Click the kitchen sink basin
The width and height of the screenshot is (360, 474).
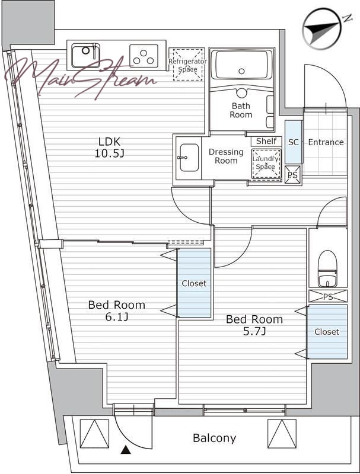pos(85,55)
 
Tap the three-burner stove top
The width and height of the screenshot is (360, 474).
pos(144,56)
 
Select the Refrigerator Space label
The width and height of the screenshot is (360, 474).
pos(187,65)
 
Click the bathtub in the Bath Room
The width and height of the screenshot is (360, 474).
pos(241,66)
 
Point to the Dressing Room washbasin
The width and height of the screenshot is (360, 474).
pos(189,158)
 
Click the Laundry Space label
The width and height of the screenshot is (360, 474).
pos(265,162)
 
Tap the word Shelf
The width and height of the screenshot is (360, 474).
pos(266,141)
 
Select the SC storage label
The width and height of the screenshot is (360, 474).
pos(293,142)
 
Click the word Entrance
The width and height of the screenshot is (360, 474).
pos(326,142)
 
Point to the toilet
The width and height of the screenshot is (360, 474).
pos(327,268)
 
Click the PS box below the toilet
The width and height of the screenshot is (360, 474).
pos(328,296)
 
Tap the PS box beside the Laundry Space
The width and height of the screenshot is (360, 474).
pos(293,175)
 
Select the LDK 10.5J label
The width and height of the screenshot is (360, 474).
pos(110,148)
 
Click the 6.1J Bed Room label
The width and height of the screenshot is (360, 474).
pos(116,310)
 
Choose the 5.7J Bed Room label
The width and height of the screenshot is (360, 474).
pos(254,325)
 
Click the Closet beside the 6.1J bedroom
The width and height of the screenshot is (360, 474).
pos(194,283)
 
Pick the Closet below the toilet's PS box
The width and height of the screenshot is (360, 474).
pos(327,332)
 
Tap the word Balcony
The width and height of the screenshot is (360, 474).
pos(215,438)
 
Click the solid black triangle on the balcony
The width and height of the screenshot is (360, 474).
pos(126,450)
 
